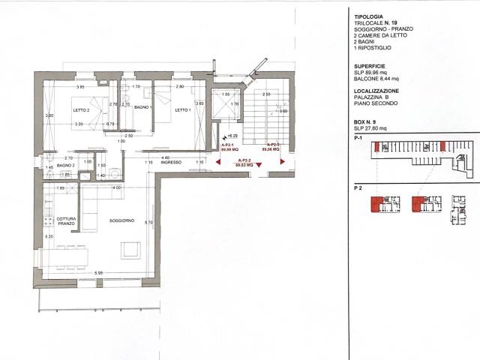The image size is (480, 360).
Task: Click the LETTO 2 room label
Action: point(81,110)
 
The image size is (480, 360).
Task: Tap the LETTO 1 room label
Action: point(183,110)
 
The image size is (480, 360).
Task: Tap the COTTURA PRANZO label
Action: point(67,221)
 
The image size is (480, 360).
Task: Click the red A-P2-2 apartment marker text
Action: point(243,163)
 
